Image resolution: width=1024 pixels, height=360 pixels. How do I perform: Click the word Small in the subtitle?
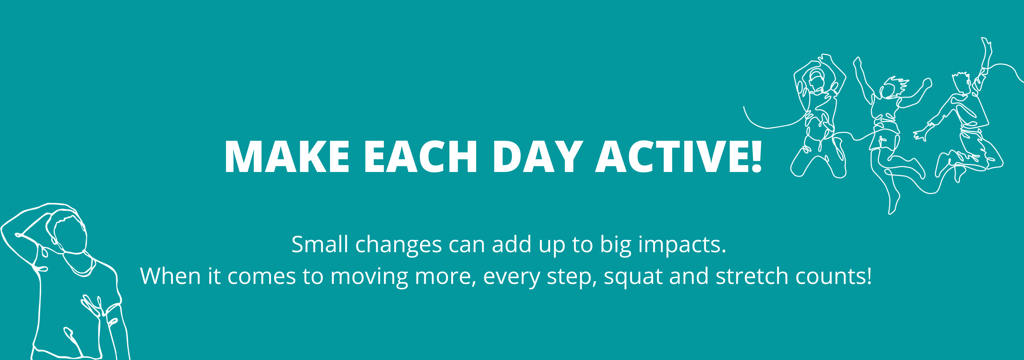[320, 244]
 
